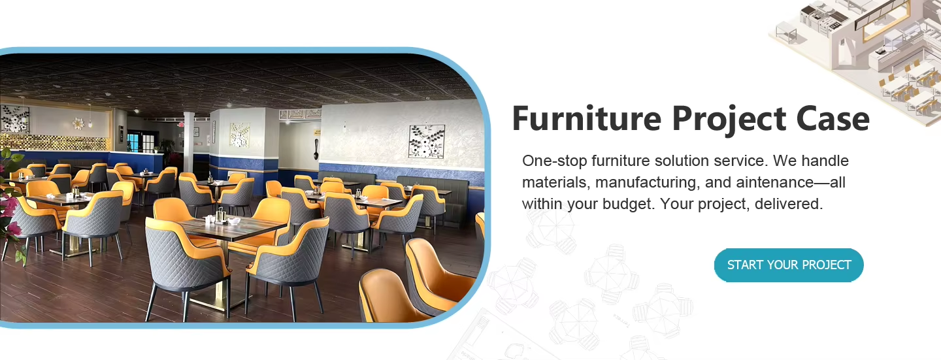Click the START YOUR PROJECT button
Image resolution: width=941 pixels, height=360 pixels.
[x=789, y=265]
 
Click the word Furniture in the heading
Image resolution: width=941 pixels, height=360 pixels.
[x=587, y=119]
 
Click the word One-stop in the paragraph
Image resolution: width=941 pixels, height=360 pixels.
[x=555, y=161]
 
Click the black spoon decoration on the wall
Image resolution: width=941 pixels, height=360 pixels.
[x=316, y=150]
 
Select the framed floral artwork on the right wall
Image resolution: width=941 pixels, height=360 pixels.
[x=426, y=142]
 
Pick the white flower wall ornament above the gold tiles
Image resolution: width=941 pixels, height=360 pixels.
[x=78, y=123]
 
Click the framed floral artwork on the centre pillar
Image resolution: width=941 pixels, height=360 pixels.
[x=240, y=135]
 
